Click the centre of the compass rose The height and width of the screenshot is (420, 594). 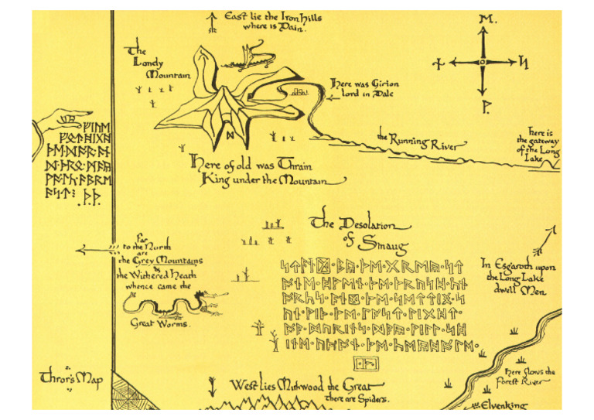click(x=483, y=62)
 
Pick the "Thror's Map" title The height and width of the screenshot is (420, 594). click(x=70, y=379)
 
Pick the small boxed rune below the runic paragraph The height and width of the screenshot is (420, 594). click(x=364, y=363)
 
